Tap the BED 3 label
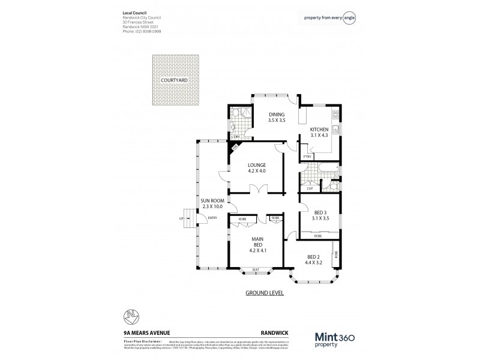[320, 215]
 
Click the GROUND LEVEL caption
[265, 293]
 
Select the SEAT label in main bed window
[256, 270]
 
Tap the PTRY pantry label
[307, 157]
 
